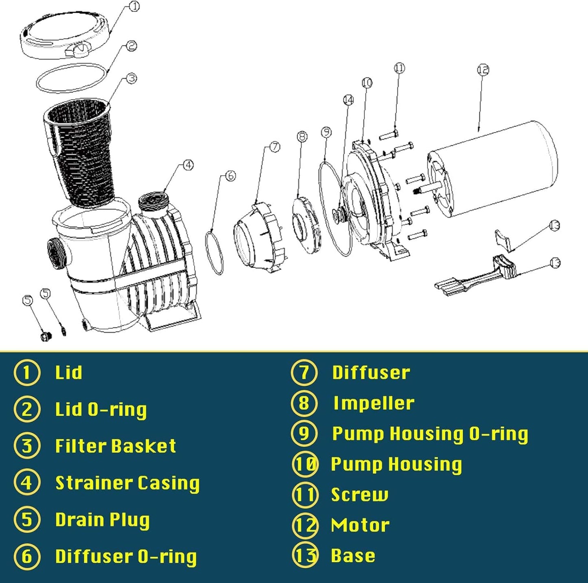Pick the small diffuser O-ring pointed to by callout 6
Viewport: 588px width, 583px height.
pyautogui.click(x=214, y=252)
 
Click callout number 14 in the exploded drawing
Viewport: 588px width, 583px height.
pyautogui.click(x=348, y=100)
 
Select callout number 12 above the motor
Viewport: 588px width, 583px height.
pyautogui.click(x=483, y=70)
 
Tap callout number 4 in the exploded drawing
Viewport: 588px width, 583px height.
pyautogui.click(x=188, y=165)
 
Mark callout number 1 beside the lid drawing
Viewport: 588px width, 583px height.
pyautogui.click(x=134, y=7)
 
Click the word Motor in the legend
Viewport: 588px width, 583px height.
pyautogui.click(x=360, y=525)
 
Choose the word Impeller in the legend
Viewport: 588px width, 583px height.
pyautogui.click(x=374, y=403)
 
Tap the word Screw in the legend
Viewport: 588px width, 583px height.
pyautogui.click(x=359, y=495)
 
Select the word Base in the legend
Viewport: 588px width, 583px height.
pyautogui.click(x=353, y=556)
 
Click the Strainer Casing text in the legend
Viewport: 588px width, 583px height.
pyautogui.click(x=127, y=483)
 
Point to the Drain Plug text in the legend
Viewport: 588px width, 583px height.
pyautogui.click(x=102, y=520)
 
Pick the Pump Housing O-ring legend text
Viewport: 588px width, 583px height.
pyautogui.click(x=430, y=434)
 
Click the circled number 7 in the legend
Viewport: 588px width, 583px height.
pyautogui.click(x=304, y=373)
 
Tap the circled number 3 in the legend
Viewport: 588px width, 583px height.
pyautogui.click(x=27, y=446)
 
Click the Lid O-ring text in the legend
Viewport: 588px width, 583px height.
pyautogui.click(x=101, y=410)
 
